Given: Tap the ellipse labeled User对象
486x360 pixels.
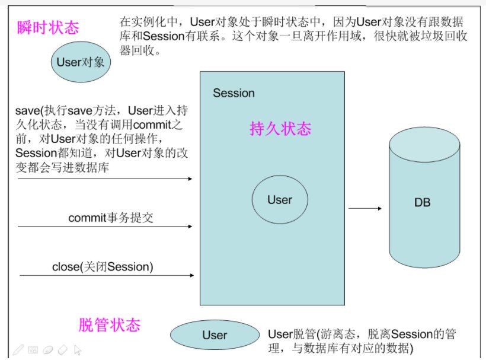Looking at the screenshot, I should point(80,62).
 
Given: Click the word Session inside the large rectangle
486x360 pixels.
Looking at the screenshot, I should point(234,93).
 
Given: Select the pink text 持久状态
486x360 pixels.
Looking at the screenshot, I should point(280,129).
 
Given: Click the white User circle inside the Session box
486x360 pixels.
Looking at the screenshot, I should point(280,200).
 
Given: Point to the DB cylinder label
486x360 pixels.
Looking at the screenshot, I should point(422,202).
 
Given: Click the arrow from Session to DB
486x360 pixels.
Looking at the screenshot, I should point(364,208).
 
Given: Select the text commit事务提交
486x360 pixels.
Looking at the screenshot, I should point(111,217).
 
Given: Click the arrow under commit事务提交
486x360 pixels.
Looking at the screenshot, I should point(105,226).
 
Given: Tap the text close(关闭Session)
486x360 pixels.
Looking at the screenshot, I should point(103,266).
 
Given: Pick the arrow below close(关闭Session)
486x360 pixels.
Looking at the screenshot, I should point(107,275).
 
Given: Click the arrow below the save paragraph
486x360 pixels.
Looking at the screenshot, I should point(105,178).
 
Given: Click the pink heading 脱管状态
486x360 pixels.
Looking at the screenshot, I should point(110,325).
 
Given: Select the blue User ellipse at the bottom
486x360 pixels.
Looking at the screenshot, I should point(214,335).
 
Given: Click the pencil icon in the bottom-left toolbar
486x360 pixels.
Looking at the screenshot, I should point(18,350).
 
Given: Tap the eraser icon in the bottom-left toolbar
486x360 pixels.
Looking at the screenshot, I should point(63,350).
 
